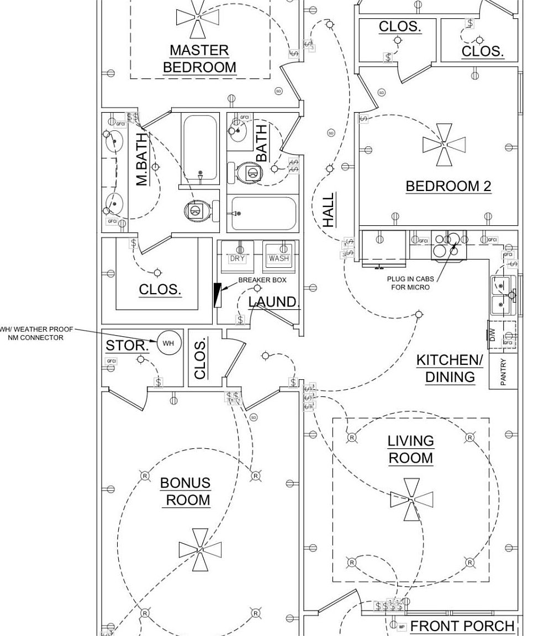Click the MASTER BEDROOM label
point(199,59)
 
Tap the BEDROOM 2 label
point(448,186)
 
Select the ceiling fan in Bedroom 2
point(444,145)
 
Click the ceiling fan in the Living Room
point(411,500)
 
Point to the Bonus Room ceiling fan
point(200,549)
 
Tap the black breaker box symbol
point(217,295)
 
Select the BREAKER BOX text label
point(262,280)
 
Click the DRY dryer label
point(238,258)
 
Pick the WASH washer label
point(278,258)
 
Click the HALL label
point(329,210)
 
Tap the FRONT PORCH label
point(463,626)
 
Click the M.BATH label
point(142,159)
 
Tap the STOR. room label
point(127,346)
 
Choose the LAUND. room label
point(273,302)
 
